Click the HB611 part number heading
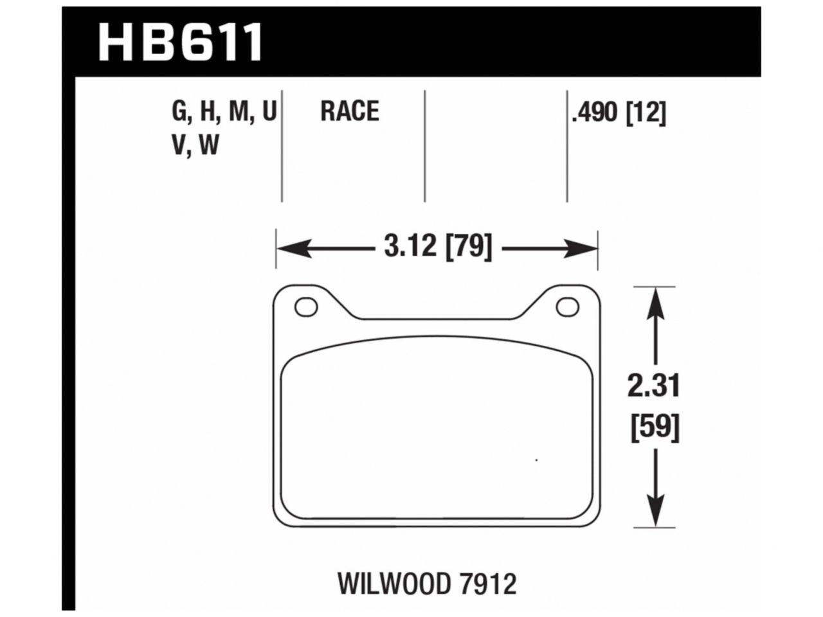[x=181, y=40]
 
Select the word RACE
[x=350, y=112]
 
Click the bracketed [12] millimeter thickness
[x=646, y=114]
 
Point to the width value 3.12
[x=410, y=247]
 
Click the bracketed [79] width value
[x=468, y=247]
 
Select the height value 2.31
[x=655, y=387]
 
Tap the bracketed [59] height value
[x=655, y=427]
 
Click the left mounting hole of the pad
[x=306, y=307]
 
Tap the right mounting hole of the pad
[x=567, y=307]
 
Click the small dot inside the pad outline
[x=536, y=460]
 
